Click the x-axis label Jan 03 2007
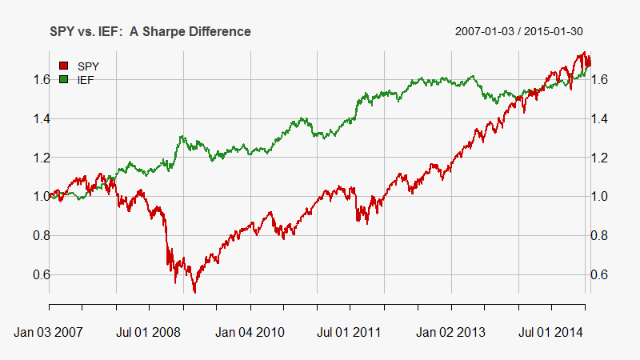click(50, 330)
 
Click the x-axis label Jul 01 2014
click(551, 330)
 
